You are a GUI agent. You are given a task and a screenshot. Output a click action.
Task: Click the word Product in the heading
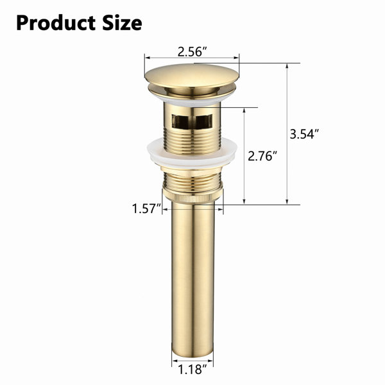coord(56,23)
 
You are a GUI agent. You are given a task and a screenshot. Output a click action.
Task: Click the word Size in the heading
coord(122,23)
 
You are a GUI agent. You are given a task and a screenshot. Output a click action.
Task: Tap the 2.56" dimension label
coord(193,52)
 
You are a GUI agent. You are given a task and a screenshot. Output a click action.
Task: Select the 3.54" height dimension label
coord(304,134)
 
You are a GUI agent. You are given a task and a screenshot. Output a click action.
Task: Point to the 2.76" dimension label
coord(262,156)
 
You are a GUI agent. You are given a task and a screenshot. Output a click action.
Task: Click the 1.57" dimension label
coord(146,209)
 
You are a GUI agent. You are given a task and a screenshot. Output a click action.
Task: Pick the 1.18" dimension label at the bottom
coord(193,376)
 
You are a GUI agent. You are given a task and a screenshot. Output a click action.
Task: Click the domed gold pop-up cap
coord(192,76)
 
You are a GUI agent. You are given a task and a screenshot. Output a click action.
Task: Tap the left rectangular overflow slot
coord(181,121)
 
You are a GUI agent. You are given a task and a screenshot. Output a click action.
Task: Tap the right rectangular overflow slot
coord(204,121)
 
